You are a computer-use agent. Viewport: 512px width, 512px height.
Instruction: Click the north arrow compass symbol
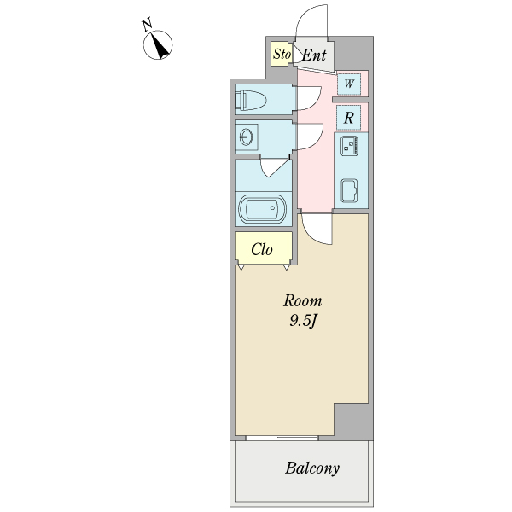point(159,44)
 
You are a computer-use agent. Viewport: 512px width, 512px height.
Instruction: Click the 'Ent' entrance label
point(314,56)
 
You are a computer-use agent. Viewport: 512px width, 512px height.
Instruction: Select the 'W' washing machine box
point(349,84)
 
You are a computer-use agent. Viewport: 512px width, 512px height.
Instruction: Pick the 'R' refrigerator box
point(350,118)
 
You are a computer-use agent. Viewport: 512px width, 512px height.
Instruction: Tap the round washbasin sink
point(247,137)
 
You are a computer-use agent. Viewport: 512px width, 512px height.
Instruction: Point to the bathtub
point(259,209)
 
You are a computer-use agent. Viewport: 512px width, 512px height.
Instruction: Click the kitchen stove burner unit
point(350,146)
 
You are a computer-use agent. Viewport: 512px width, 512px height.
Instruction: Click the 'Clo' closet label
point(262,250)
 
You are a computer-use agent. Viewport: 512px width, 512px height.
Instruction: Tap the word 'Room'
point(303,300)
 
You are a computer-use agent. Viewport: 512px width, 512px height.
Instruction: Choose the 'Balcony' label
point(312,468)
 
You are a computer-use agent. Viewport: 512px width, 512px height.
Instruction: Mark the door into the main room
point(316,229)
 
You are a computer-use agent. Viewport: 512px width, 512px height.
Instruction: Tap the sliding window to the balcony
point(282,438)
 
